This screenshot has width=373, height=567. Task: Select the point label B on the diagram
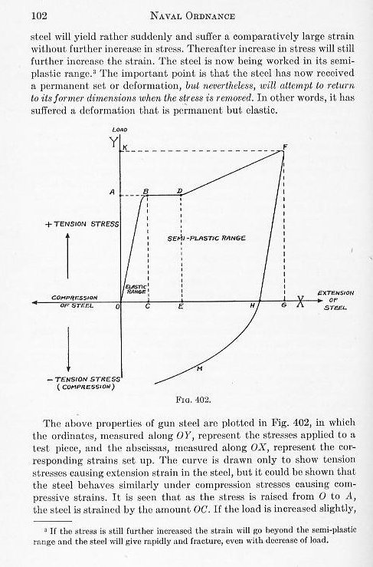click(146, 190)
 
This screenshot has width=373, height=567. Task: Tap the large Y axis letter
click(115, 143)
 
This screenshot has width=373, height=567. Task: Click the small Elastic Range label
click(135, 290)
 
